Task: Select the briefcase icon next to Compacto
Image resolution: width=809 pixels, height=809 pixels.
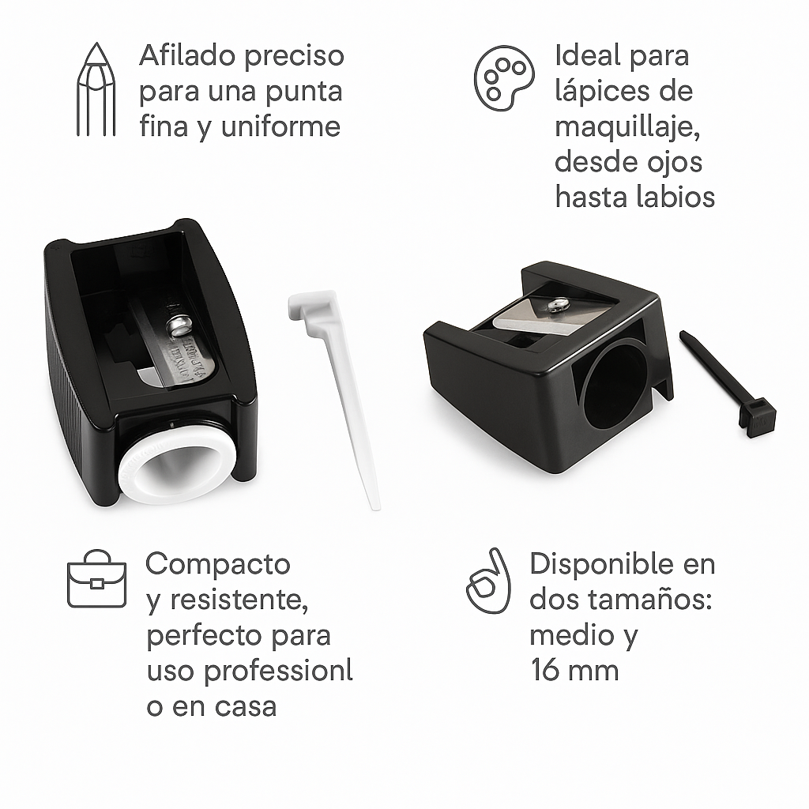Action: pyautogui.click(x=96, y=581)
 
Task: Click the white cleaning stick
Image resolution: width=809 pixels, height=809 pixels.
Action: pyautogui.click(x=340, y=387)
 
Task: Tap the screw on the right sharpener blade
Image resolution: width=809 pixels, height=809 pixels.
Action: pyautogui.click(x=559, y=303)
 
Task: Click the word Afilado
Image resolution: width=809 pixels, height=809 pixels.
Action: pyautogui.click(x=186, y=57)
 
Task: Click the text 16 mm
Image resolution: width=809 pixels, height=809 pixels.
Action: pyautogui.click(x=574, y=671)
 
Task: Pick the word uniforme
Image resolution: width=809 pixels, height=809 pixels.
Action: pyautogui.click(x=280, y=127)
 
